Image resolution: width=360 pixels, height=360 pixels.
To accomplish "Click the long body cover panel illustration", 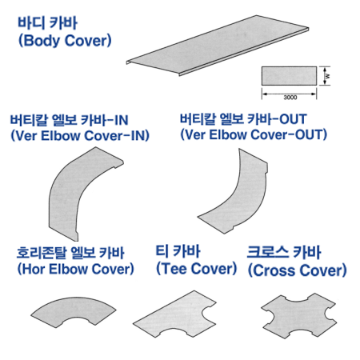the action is click(x=218, y=46).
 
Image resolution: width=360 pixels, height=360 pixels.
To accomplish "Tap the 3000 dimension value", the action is click(x=290, y=98).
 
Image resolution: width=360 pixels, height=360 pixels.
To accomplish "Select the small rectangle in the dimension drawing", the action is click(x=289, y=76).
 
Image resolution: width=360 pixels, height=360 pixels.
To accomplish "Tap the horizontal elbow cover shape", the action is click(x=74, y=310).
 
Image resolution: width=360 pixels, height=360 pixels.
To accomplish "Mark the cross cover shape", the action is click(x=298, y=316).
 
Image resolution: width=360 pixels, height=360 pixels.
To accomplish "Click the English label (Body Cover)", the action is click(x=65, y=41).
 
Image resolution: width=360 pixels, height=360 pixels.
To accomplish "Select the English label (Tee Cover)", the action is click(x=196, y=269).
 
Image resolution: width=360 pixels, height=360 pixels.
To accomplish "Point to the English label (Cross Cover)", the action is click(x=298, y=270).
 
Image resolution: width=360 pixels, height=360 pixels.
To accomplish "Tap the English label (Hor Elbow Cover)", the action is click(x=75, y=269).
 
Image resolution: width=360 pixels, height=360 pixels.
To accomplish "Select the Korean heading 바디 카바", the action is click(x=47, y=22).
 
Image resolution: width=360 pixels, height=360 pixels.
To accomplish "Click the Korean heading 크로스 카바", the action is click(x=284, y=252).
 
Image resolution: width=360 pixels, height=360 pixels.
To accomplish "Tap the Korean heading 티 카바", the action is click(x=178, y=251).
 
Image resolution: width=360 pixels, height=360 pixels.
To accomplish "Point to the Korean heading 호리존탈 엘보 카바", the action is click(x=70, y=253).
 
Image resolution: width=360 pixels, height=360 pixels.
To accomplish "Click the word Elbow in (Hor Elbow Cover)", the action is click(x=69, y=269).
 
